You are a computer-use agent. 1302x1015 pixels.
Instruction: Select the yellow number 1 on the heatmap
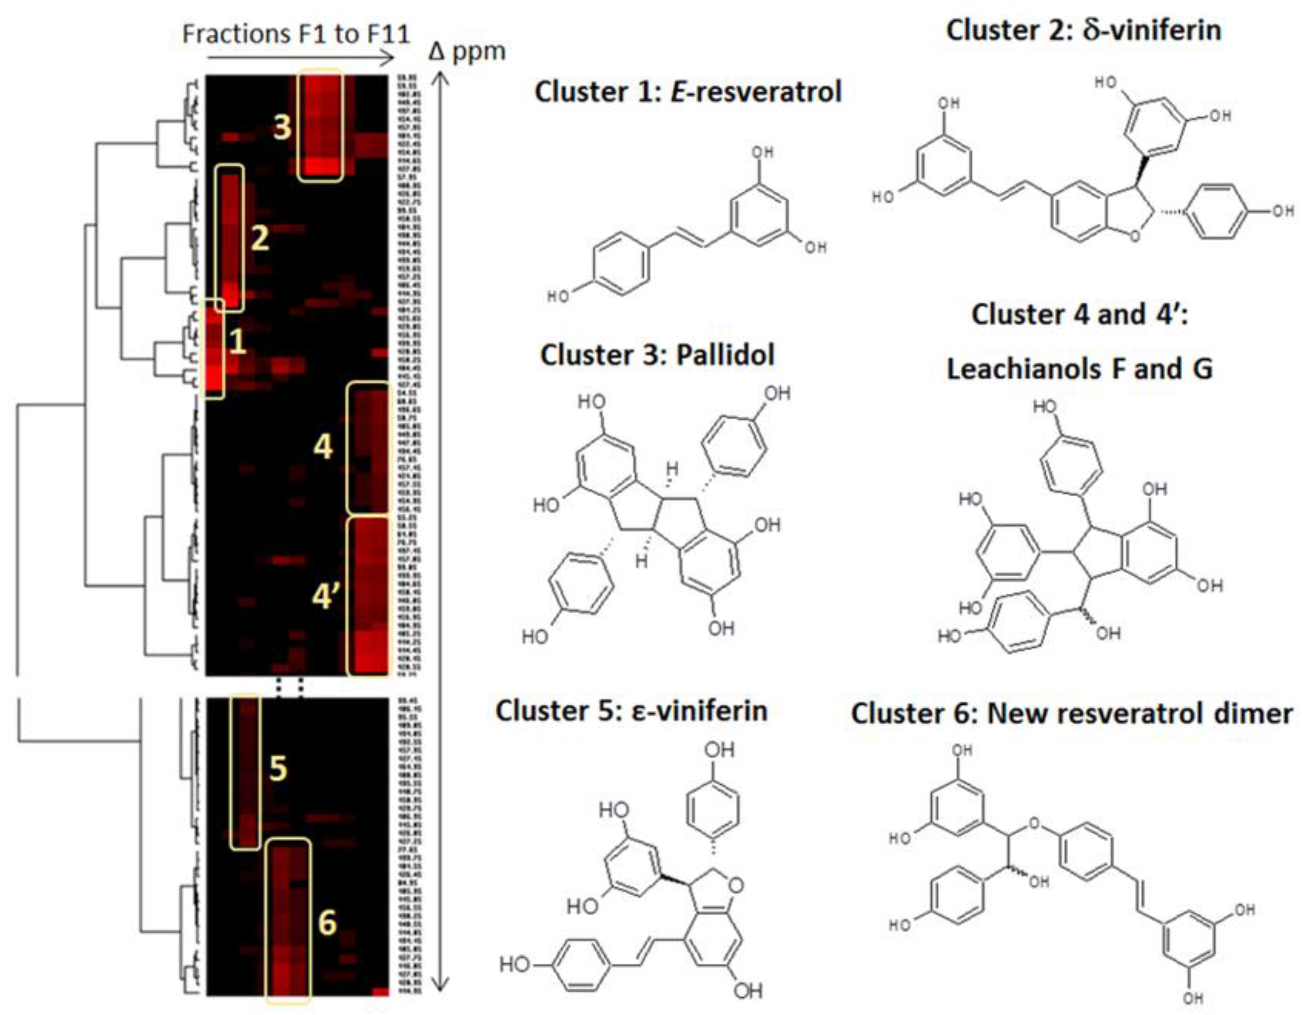[237, 342]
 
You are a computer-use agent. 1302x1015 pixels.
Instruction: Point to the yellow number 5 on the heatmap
[278, 768]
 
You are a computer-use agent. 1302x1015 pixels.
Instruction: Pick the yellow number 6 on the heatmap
[327, 923]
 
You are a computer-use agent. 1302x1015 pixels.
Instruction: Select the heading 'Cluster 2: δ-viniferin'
[1083, 30]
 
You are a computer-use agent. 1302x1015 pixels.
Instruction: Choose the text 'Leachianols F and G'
[1079, 369]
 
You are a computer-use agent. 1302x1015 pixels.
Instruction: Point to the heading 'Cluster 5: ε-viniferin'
[631, 711]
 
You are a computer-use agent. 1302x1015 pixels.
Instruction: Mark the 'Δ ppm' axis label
[467, 52]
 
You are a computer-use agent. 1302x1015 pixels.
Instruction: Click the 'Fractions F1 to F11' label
[296, 34]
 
